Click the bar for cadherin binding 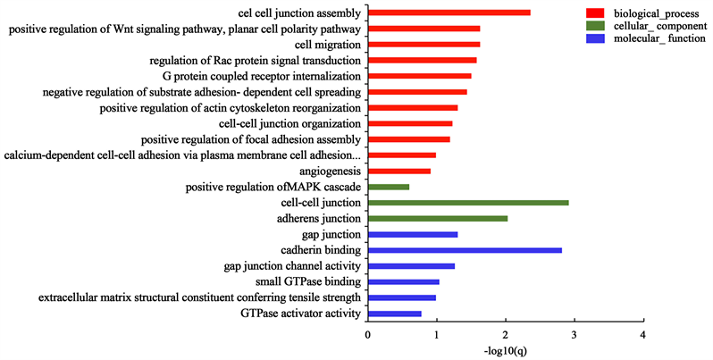coord(465,250)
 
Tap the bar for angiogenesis coord(399,171)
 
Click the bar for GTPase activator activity coord(395,314)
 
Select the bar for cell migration coord(424,44)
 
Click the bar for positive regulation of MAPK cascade coord(389,187)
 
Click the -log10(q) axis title coord(506,351)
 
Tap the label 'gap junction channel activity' coord(292,266)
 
